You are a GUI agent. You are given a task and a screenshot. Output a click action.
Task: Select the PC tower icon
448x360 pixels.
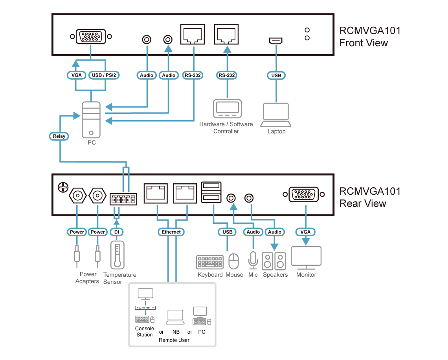click(91, 119)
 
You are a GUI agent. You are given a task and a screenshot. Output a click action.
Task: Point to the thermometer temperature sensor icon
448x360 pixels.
click(117, 255)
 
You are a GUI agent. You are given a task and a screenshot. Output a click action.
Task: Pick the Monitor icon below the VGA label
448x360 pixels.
click(306, 258)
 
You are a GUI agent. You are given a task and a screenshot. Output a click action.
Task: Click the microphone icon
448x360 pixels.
click(253, 259)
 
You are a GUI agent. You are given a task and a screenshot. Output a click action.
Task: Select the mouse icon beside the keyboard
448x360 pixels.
click(234, 261)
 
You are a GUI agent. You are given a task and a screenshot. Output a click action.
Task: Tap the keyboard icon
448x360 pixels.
click(210, 262)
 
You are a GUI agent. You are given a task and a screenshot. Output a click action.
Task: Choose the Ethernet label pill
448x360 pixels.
click(171, 232)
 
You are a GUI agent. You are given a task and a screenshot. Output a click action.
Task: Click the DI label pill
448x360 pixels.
click(116, 232)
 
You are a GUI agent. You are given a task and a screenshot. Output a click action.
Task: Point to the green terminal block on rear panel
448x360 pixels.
click(123, 199)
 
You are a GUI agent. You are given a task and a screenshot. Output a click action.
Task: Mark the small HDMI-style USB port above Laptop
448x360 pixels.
click(275, 41)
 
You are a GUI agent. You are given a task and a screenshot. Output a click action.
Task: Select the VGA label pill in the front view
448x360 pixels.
click(76, 75)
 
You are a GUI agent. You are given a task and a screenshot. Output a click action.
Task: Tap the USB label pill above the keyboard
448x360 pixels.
click(228, 232)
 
